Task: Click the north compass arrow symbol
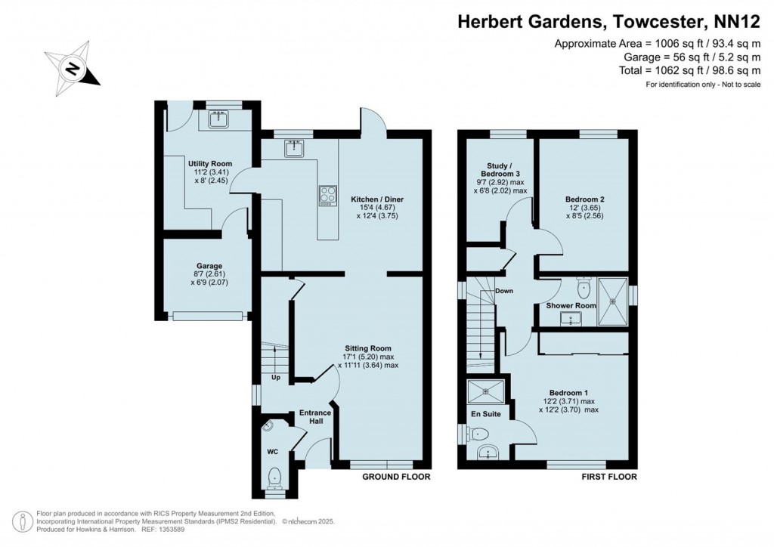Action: [x=73, y=70]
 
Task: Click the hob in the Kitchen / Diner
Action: [x=328, y=195]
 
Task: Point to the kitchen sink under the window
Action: [x=293, y=149]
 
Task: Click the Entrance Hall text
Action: [x=315, y=416]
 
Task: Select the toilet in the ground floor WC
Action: [x=275, y=477]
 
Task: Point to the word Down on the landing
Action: [x=504, y=291]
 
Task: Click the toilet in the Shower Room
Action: [x=583, y=287]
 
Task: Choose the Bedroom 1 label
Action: [x=568, y=393]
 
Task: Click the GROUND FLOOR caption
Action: [x=396, y=477]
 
